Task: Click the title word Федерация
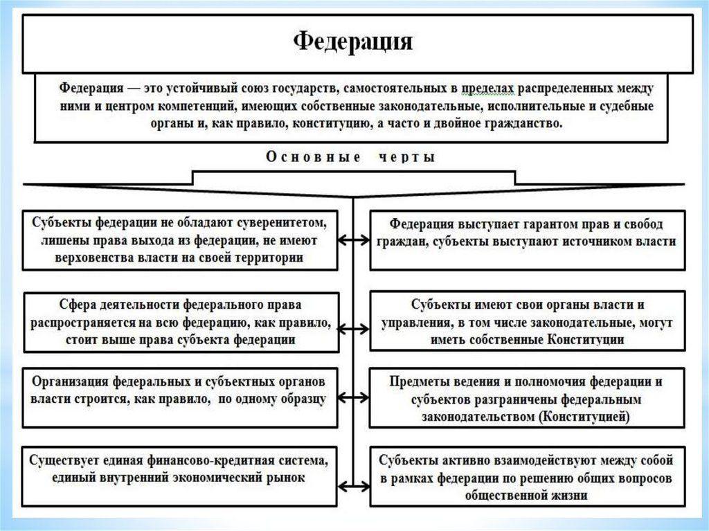353,41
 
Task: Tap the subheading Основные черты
351,157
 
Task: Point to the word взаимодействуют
550,460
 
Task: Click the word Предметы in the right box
415,381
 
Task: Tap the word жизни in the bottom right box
571,496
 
